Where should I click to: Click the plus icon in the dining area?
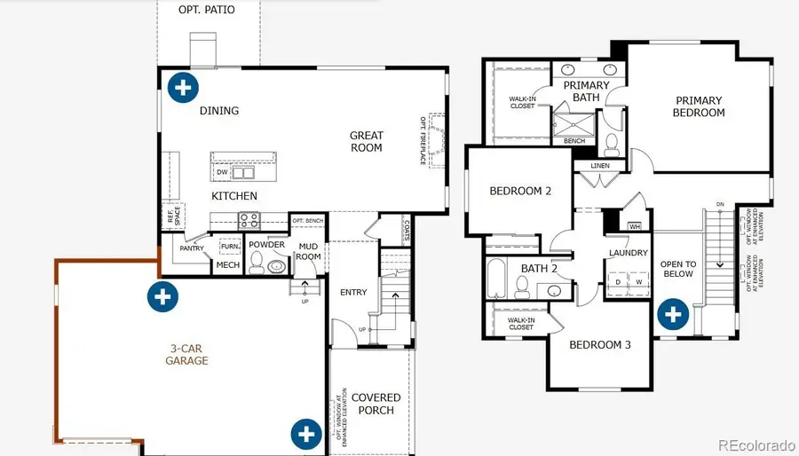[x=183, y=87]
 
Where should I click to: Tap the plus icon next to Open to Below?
[x=673, y=313]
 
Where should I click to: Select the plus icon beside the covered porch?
[x=306, y=434]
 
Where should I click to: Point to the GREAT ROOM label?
[x=366, y=142]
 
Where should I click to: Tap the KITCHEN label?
[x=234, y=196]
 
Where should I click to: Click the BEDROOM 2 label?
[x=521, y=191]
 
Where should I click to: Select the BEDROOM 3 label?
[x=600, y=344]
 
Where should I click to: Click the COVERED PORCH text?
[x=376, y=404]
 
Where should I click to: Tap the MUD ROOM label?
[x=309, y=251]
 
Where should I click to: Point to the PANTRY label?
[x=192, y=249]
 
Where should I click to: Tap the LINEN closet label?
[x=594, y=166]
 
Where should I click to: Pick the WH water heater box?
[x=634, y=225]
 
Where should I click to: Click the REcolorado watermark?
[x=755, y=444]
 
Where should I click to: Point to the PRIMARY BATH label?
[x=586, y=91]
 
